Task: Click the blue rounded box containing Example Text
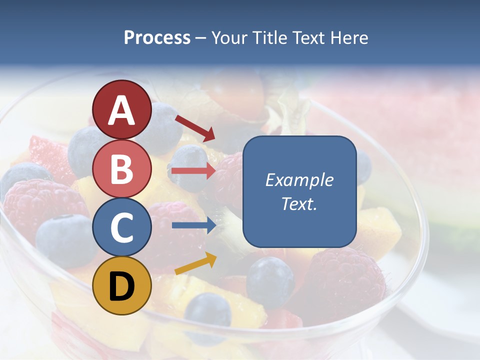pyautogui.click(x=299, y=191)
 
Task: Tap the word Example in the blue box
pyautogui.click(x=299, y=180)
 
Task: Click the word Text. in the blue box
pyautogui.click(x=299, y=204)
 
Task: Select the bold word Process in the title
pyautogui.click(x=157, y=37)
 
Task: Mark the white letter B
pyautogui.click(x=122, y=169)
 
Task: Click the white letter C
pyautogui.click(x=122, y=228)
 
